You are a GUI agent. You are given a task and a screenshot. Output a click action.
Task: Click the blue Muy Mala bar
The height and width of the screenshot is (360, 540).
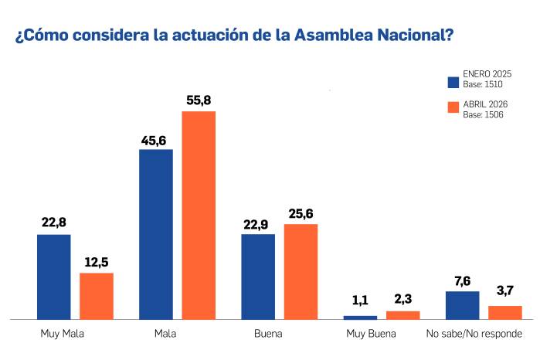click(x=54, y=277)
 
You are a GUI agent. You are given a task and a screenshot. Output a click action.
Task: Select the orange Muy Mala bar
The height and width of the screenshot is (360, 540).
click(x=97, y=296)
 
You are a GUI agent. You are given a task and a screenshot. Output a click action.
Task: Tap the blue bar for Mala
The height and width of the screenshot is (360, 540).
click(x=156, y=234)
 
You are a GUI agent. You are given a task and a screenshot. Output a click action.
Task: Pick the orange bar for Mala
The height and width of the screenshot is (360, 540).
click(x=199, y=215)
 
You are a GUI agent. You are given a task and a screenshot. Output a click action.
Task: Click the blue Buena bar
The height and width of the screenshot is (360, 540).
click(x=258, y=277)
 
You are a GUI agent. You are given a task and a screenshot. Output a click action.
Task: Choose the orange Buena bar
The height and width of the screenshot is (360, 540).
click(x=301, y=271)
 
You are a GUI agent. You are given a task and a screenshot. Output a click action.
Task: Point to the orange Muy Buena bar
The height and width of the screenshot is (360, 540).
click(x=402, y=314)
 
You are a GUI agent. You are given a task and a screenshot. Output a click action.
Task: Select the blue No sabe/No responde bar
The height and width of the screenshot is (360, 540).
click(x=463, y=305)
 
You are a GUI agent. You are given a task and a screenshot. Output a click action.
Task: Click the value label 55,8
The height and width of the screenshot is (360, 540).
click(x=199, y=100)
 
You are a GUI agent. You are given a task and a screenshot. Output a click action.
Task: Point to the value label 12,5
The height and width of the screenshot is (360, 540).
click(x=97, y=262)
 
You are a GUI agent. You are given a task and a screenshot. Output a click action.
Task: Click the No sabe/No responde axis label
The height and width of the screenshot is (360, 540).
click(x=474, y=335)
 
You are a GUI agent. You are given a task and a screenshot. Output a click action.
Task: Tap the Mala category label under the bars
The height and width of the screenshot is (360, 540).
click(x=165, y=335)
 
